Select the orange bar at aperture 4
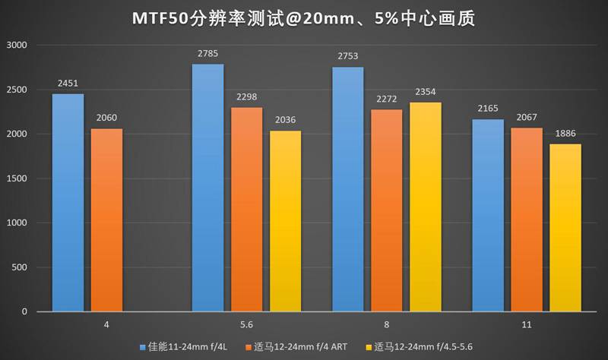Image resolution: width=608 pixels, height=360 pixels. click(106, 219)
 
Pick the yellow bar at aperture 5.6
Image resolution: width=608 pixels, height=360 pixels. click(285, 221)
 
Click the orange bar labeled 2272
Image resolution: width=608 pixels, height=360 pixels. click(386, 210)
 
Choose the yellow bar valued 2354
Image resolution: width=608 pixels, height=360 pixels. click(425, 207)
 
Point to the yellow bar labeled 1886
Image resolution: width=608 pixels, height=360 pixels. click(565, 227)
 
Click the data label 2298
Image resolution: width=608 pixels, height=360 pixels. click(246, 97)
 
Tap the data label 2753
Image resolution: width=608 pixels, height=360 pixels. click(347, 57)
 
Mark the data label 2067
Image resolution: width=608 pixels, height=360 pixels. click(526, 118)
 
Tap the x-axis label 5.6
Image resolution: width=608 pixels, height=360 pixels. click(246, 324)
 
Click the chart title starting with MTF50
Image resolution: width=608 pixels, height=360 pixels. click(304, 18)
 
